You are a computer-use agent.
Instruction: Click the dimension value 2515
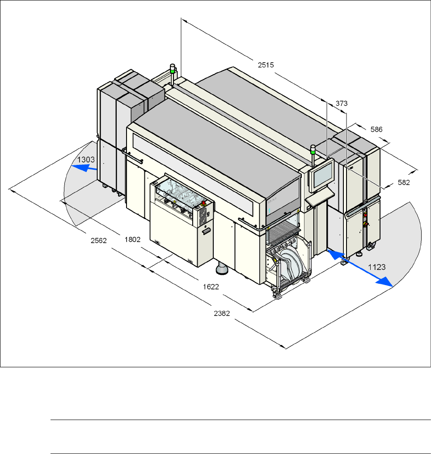[266, 65]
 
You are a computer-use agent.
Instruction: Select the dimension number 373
[342, 103]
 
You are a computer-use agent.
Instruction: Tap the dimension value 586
[376, 130]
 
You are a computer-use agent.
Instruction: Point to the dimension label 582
[404, 182]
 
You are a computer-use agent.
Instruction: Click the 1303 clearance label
[86, 160]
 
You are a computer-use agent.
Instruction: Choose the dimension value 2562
[99, 240]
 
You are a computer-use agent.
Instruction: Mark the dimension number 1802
[132, 240]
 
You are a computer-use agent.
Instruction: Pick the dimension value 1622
[211, 286]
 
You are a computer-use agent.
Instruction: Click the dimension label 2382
[222, 313]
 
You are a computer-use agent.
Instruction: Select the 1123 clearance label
[376, 267]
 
